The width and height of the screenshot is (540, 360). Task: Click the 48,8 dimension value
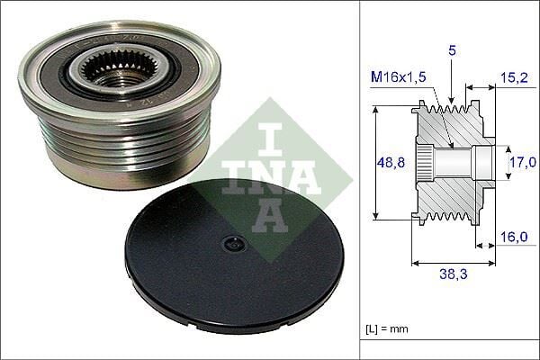click(x=388, y=163)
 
